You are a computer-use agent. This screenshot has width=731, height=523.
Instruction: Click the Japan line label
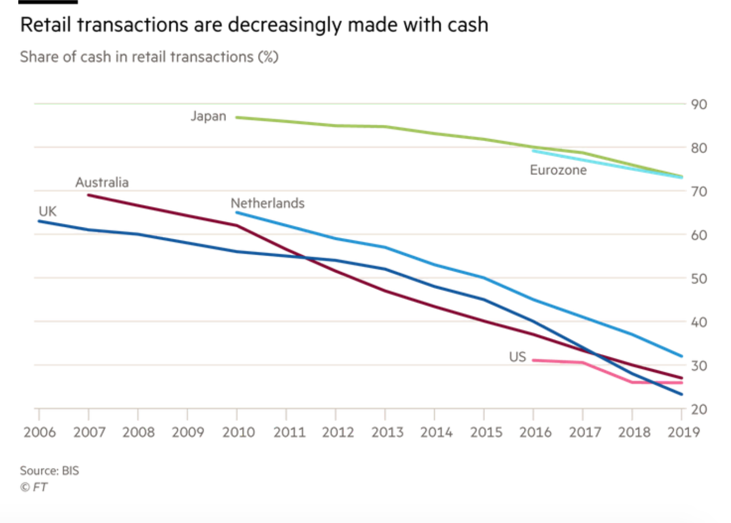click(x=208, y=117)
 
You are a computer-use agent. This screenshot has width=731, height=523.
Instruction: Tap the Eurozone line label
click(x=558, y=170)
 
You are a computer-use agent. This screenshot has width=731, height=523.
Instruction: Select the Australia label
click(x=102, y=183)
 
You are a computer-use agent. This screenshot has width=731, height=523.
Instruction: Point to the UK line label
click(x=48, y=211)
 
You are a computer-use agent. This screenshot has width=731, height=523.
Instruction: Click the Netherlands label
click(x=268, y=203)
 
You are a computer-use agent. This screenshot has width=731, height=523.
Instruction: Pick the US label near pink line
click(x=518, y=357)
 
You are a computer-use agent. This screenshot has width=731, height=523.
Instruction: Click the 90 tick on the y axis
click(x=699, y=105)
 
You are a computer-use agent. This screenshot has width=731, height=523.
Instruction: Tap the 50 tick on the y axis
click(x=699, y=279)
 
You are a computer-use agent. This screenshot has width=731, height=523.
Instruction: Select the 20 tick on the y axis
click(x=699, y=409)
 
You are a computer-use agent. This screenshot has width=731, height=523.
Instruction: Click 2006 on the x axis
click(x=39, y=432)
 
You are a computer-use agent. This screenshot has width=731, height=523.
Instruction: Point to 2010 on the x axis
click(x=238, y=432)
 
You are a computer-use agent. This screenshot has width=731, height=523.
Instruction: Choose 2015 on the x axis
click(x=486, y=432)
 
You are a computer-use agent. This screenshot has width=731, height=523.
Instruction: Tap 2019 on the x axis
click(x=683, y=432)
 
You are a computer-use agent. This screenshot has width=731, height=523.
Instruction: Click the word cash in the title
click(x=467, y=25)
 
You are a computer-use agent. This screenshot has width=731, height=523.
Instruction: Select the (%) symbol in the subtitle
click(x=268, y=57)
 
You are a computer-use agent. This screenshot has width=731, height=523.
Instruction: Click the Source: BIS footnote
click(x=49, y=471)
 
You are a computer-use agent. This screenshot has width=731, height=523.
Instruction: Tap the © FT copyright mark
click(x=34, y=487)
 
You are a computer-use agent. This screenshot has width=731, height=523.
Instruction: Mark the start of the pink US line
click(x=534, y=360)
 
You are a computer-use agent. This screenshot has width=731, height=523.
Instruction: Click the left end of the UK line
click(x=39, y=221)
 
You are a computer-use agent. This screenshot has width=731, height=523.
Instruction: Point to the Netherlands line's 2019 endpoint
click(x=682, y=356)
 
